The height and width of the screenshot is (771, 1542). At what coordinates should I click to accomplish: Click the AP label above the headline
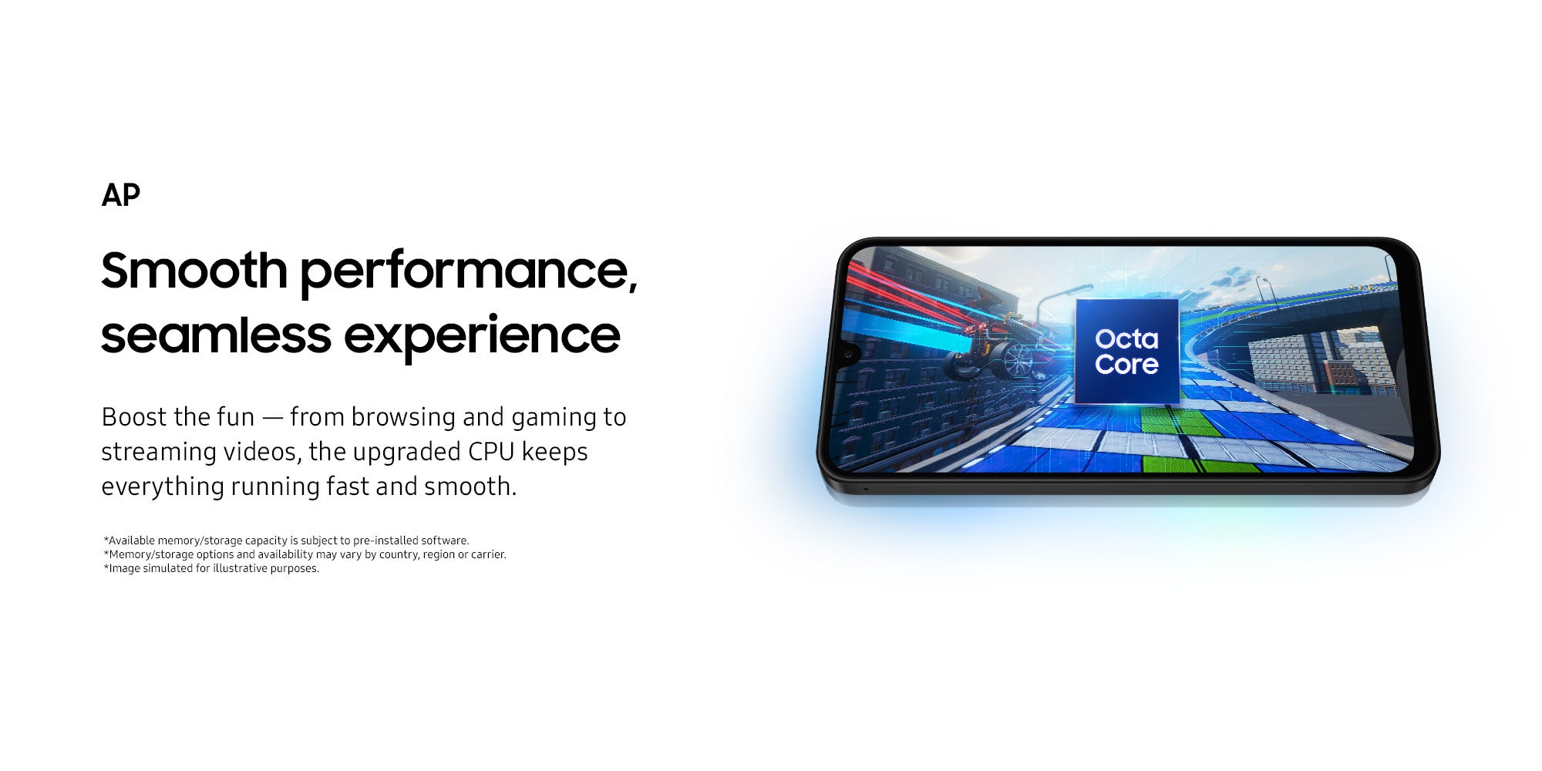121,196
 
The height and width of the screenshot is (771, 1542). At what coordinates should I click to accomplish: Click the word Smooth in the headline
194,270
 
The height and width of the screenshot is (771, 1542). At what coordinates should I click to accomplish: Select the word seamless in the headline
216,335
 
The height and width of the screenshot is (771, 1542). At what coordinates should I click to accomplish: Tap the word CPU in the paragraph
491,452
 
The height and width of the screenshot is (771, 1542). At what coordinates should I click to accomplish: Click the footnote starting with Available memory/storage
286,540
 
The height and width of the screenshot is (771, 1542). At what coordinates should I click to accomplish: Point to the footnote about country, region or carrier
305,554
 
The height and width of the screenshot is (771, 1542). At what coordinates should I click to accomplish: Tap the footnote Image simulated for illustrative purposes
211,568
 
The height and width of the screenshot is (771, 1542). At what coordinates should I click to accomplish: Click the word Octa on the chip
1126,338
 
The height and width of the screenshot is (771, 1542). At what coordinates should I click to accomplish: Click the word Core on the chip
1126,364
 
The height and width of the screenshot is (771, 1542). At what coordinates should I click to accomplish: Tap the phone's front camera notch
850,354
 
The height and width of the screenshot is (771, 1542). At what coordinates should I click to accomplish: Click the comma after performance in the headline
633,288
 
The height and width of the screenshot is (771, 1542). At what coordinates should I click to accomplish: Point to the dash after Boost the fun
272,419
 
